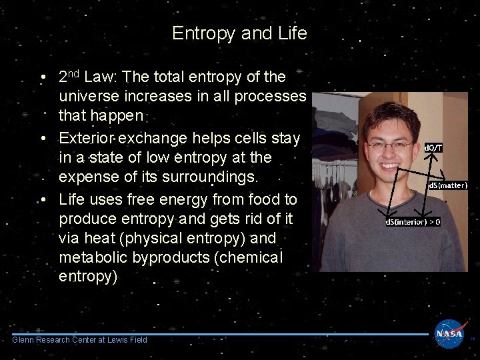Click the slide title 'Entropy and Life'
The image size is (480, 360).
(x=239, y=33)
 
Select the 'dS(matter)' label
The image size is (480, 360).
(x=447, y=185)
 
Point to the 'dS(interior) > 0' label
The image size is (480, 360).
(x=411, y=221)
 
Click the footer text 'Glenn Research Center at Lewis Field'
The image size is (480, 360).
(x=80, y=340)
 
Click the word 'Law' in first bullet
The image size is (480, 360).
(x=102, y=77)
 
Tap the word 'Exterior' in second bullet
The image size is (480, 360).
(x=85, y=138)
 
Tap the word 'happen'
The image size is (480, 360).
(x=101, y=116)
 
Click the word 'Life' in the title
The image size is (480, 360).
(x=293, y=33)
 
